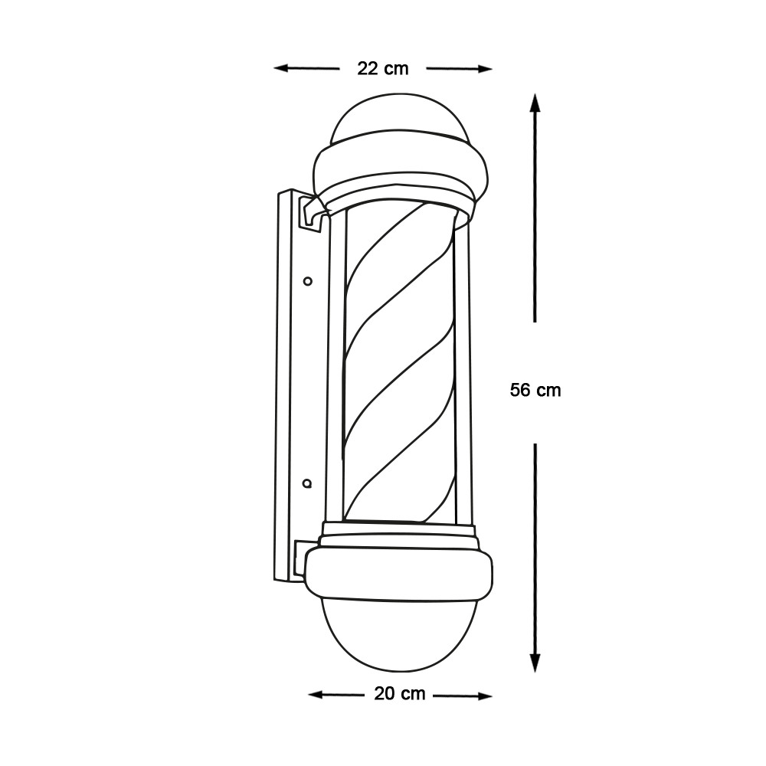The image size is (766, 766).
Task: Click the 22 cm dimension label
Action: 382,68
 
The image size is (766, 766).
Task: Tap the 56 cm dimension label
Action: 535,390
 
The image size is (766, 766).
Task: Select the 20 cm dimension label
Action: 400,693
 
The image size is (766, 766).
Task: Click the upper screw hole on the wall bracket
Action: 308,281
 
